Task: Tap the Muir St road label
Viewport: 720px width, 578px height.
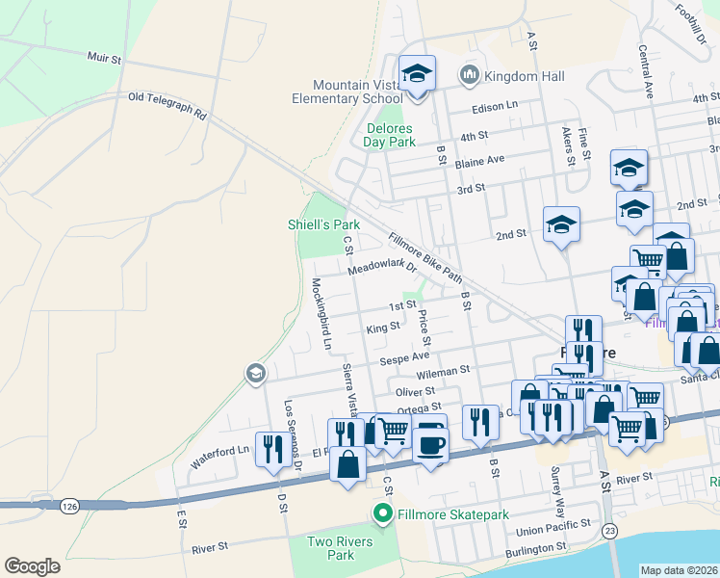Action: (104, 59)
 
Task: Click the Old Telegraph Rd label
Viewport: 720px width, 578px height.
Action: (167, 105)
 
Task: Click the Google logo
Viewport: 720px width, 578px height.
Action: (32, 566)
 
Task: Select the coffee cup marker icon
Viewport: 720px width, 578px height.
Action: (429, 443)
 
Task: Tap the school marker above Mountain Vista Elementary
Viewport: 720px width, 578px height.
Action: (418, 72)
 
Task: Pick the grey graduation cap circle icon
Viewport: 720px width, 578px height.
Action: (255, 373)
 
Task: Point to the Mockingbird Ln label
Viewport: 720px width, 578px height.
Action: (320, 314)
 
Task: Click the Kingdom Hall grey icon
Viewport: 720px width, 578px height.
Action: (470, 74)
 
